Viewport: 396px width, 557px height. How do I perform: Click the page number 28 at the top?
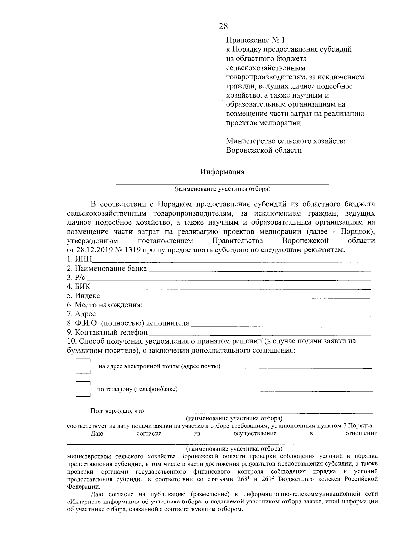pyautogui.click(x=223, y=26)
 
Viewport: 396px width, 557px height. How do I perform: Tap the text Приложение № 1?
pyautogui.click(x=255, y=40)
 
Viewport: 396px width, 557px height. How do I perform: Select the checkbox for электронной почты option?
pyautogui.click(x=83, y=366)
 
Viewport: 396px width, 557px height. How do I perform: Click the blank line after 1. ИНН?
pyautogui.click(x=231, y=261)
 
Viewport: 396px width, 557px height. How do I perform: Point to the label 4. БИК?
pyautogui.click(x=79, y=286)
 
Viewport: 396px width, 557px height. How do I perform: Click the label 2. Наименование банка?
pyautogui.click(x=107, y=268)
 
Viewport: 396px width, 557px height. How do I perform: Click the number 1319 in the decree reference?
pyautogui.click(x=133, y=249)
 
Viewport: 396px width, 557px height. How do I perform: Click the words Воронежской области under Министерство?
pyautogui.click(x=264, y=150)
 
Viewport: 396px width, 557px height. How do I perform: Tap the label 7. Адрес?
pyautogui.click(x=81, y=314)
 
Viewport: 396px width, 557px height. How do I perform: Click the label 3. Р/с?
pyautogui.click(x=76, y=278)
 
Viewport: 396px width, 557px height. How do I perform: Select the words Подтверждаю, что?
pyautogui.click(x=117, y=411)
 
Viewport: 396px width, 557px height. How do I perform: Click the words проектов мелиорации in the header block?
pyautogui.click(x=263, y=123)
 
